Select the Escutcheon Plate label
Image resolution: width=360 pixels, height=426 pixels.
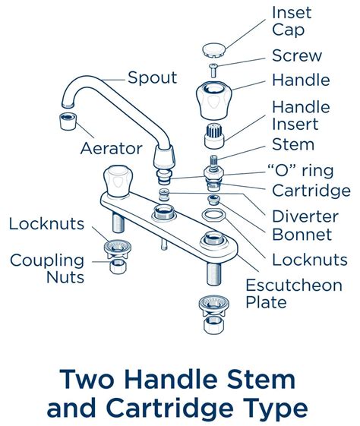(292, 294)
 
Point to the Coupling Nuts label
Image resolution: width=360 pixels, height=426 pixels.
(47, 269)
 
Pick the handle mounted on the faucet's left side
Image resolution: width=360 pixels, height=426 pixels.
(117, 179)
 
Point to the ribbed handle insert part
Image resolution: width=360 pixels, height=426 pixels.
(213, 138)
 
